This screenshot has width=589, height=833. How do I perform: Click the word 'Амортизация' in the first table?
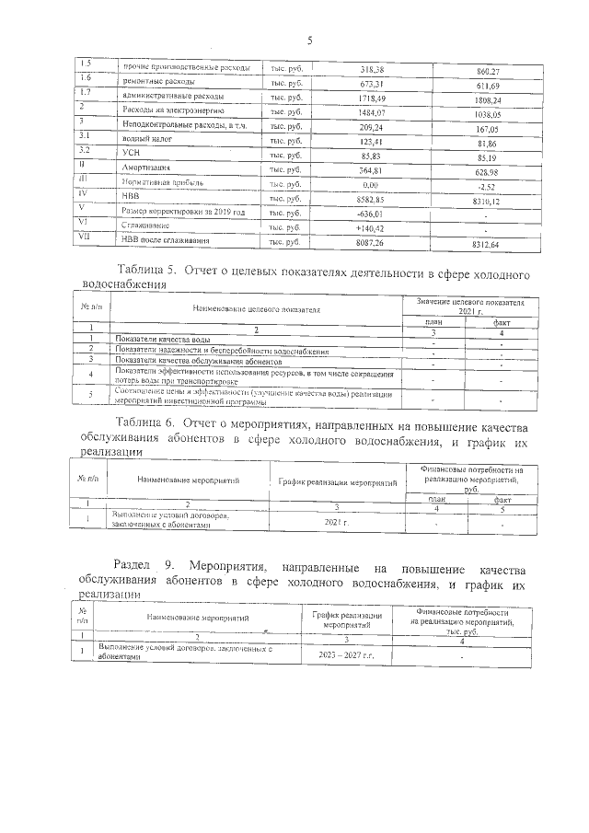click(149, 170)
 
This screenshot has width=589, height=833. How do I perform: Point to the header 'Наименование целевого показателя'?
click(256, 310)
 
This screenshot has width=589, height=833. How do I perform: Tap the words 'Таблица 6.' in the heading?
click(149, 422)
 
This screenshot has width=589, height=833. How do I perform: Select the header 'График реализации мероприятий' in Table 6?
click(337, 481)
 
